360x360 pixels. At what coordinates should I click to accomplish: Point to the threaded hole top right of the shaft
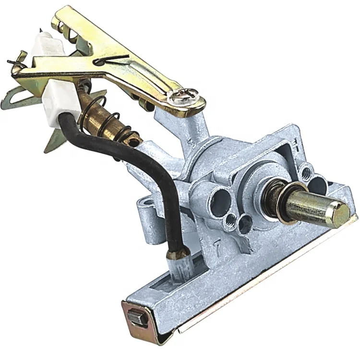(x=307, y=169)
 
